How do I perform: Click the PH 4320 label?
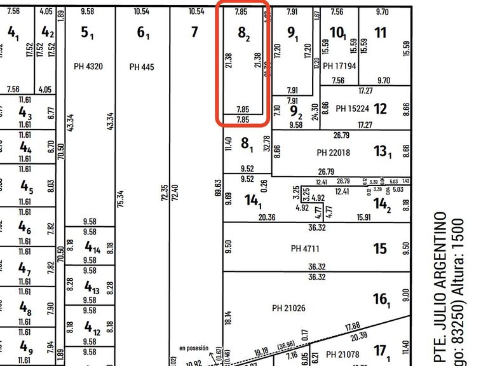[89, 67]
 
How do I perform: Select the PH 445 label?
[142, 67]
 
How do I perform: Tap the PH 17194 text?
[339, 66]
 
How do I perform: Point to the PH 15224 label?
[352, 109]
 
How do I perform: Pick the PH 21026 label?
[289, 308]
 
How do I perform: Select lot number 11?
[380, 32]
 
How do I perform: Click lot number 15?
[380, 248]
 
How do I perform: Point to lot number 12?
[380, 109]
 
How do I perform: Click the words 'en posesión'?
[193, 348]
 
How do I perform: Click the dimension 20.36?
[268, 217]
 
